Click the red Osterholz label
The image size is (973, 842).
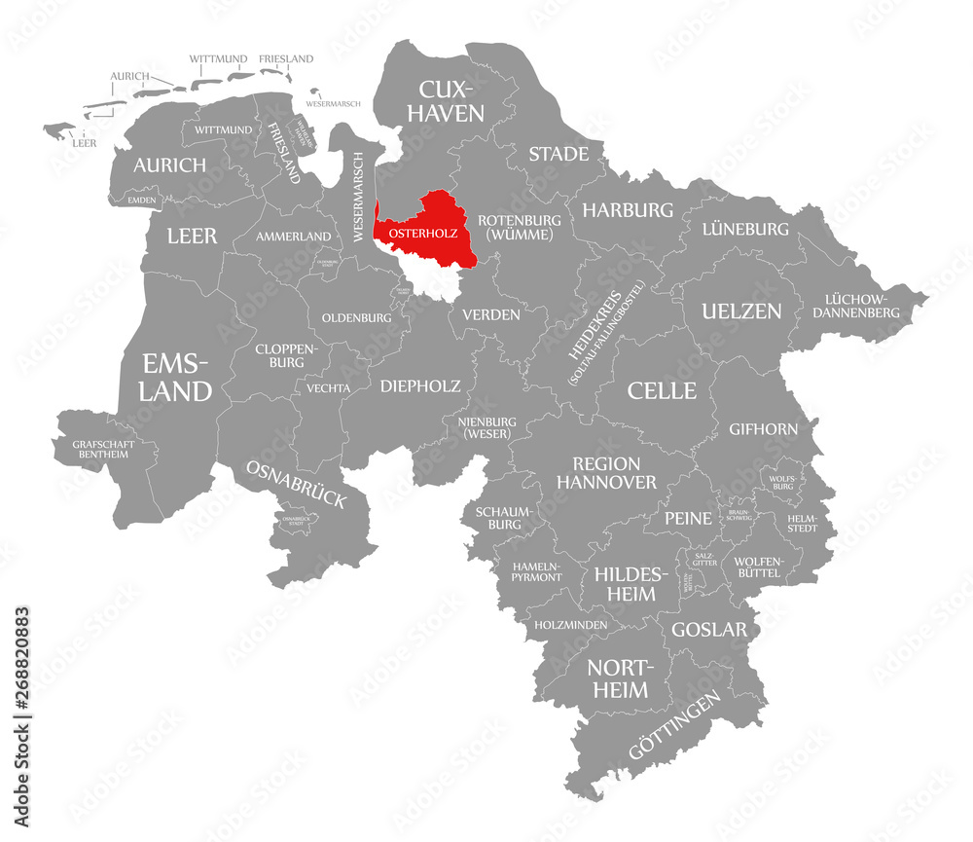(422, 234)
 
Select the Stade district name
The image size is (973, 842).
(559, 154)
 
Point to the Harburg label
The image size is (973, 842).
(628, 209)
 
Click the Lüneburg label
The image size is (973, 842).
(745, 229)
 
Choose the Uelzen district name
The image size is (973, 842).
(741, 311)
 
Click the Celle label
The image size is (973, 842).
(662, 390)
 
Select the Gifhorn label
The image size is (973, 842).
(764, 428)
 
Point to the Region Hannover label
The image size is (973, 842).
(606, 472)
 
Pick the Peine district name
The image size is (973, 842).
(688, 518)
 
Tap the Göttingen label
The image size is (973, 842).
(674, 725)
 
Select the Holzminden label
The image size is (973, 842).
(570, 624)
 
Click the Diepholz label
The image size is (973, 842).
(420, 385)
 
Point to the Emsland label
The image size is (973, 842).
(176, 378)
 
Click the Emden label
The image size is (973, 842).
(141, 200)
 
